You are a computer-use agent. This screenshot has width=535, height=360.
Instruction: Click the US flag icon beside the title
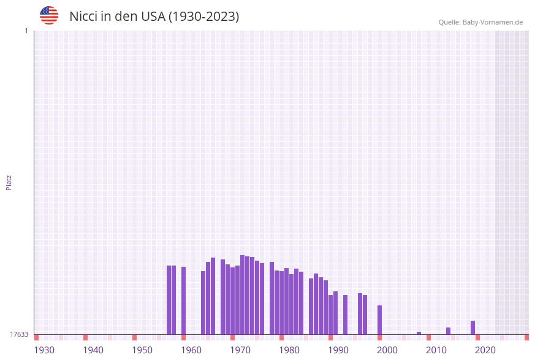[49, 15]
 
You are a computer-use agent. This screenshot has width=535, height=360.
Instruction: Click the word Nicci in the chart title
[83, 17]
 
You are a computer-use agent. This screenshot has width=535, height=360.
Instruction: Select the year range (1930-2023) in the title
[204, 17]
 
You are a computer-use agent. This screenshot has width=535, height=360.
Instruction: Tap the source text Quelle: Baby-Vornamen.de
[480, 22]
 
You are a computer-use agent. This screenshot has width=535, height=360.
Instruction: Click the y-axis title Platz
[9, 182]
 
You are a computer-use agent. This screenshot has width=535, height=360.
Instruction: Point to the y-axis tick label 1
[26, 31]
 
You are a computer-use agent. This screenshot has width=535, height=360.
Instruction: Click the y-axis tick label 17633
[19, 334]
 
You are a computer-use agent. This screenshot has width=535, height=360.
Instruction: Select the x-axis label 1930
[44, 350]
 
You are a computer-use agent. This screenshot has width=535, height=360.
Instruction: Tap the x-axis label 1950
[142, 350]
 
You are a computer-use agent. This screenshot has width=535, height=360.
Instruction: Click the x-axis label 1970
[240, 350]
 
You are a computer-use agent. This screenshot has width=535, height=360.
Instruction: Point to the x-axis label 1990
[338, 350]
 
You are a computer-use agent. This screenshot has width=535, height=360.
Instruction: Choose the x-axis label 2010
[436, 350]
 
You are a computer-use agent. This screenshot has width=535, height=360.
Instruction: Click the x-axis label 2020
[485, 350]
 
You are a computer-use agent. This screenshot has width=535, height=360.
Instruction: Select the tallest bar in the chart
[242, 294]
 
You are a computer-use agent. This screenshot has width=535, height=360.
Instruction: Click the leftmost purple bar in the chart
[169, 300]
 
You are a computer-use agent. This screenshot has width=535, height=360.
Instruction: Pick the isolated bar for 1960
[183, 301]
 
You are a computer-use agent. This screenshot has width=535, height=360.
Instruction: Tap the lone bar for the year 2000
[379, 320]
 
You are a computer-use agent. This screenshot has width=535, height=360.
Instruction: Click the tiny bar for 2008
[419, 333]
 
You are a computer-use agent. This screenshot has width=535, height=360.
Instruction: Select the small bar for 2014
[448, 331]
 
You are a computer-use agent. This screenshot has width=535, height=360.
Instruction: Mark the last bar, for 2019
[472, 327]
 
